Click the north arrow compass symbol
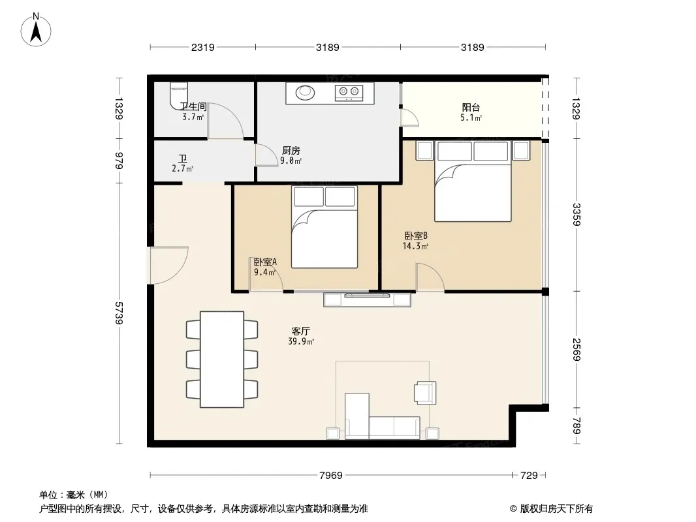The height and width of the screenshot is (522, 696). (36, 29)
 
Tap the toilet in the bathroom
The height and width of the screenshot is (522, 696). (179, 95)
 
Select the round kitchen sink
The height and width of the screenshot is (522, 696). (306, 92)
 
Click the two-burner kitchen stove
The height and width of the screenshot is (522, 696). (349, 92)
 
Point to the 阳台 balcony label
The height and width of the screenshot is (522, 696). (471, 107)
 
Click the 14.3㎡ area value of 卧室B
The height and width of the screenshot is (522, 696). (415, 246)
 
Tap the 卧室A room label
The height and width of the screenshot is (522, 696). (266, 262)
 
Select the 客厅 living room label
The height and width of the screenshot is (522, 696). (301, 331)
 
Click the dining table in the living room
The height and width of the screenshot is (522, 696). (222, 360)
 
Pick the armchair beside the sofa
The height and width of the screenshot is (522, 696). (425, 393)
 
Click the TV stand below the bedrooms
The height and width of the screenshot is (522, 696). (368, 299)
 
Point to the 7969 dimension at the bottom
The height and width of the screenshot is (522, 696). (330, 476)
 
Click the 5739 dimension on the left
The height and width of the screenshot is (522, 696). (119, 313)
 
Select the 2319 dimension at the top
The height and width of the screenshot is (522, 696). (203, 47)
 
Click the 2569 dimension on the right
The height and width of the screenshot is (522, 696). (576, 350)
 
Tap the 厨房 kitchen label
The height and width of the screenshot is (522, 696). (291, 151)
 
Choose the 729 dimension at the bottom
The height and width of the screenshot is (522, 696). (529, 476)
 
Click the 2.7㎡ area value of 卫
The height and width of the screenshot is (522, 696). (182, 168)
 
